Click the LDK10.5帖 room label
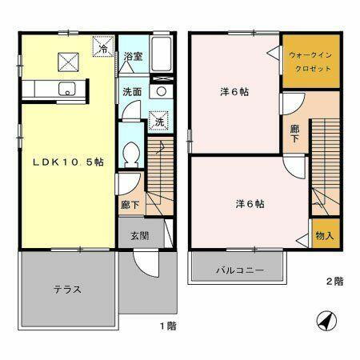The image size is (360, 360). pyautogui.click(x=67, y=162)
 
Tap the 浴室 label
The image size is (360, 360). pyautogui.click(x=133, y=57)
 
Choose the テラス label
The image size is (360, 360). pyautogui.click(x=68, y=289)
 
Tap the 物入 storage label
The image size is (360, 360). pyautogui.click(x=324, y=237)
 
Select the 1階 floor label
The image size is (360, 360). pyautogui.click(x=167, y=326)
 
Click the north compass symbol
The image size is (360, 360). pyautogui.click(x=326, y=320)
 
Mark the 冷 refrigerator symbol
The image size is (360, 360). pyautogui.click(x=105, y=49)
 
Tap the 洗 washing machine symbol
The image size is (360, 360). pyautogui.click(x=158, y=122)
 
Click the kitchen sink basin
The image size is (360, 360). pyautogui.click(x=66, y=89)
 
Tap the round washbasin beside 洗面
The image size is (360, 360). pyautogui.click(x=161, y=92)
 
